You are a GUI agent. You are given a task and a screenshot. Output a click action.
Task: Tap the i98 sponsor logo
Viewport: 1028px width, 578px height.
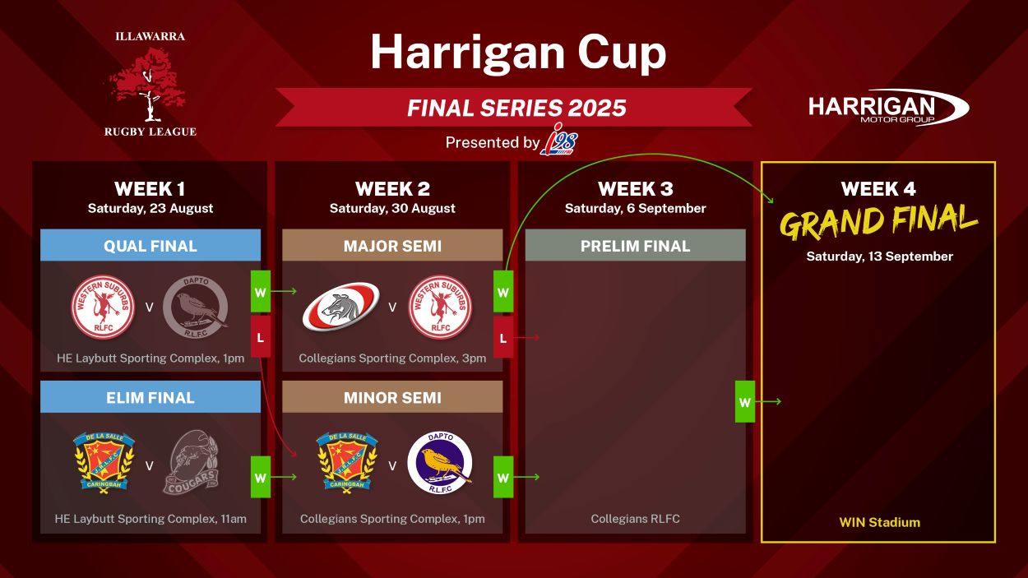(559, 140)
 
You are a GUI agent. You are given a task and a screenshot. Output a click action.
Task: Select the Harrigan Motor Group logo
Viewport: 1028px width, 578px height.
(888, 108)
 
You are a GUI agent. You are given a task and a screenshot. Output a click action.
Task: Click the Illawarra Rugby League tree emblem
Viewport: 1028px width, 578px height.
(148, 85)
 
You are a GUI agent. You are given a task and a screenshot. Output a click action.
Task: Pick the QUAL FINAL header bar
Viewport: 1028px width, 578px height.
(150, 245)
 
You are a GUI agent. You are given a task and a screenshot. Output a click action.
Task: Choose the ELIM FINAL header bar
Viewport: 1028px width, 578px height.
(150, 397)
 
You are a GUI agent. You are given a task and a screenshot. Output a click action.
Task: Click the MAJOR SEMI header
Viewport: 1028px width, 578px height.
(392, 245)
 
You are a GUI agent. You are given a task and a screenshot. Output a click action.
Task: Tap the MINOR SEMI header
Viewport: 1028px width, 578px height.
(392, 397)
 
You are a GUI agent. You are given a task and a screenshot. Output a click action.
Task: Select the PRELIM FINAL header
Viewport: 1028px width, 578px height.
(635, 245)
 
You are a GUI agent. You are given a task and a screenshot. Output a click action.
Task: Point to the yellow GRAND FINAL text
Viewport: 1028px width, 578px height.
(879, 222)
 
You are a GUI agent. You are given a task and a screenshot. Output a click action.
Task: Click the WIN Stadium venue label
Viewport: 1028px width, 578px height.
(879, 522)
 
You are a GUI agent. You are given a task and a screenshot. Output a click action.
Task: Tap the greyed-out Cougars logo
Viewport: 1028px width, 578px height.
(192, 462)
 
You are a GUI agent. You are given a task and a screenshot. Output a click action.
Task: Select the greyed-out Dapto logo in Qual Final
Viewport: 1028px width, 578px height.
(196, 307)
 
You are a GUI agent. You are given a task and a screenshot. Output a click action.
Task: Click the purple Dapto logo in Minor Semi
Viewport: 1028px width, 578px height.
(440, 463)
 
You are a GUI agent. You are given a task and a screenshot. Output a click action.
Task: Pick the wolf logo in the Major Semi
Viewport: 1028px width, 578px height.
(341, 307)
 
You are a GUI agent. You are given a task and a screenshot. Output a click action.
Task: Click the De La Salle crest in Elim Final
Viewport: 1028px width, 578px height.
(104, 462)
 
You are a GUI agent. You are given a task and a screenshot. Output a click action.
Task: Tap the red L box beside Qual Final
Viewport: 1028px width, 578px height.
(260, 337)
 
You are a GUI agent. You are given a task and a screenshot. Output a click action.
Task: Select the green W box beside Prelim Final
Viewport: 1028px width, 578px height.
(745, 402)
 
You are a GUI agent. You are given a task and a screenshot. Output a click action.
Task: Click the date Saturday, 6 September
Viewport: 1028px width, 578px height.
(635, 208)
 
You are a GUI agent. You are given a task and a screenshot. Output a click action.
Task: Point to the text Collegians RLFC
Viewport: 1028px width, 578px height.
(635, 519)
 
